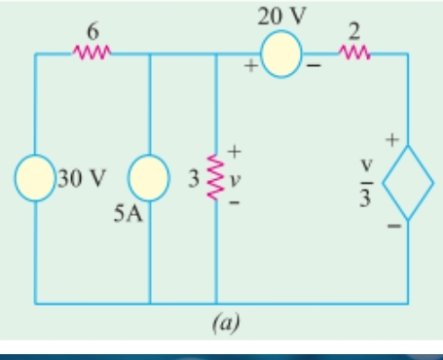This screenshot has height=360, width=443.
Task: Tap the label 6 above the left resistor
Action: [x=93, y=31]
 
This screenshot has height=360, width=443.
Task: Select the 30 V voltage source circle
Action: [x=35, y=181]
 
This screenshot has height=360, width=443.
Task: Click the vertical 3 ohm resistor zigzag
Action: [x=215, y=181]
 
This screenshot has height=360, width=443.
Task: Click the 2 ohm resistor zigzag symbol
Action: [x=354, y=53]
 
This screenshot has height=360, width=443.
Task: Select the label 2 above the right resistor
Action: [x=355, y=31]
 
